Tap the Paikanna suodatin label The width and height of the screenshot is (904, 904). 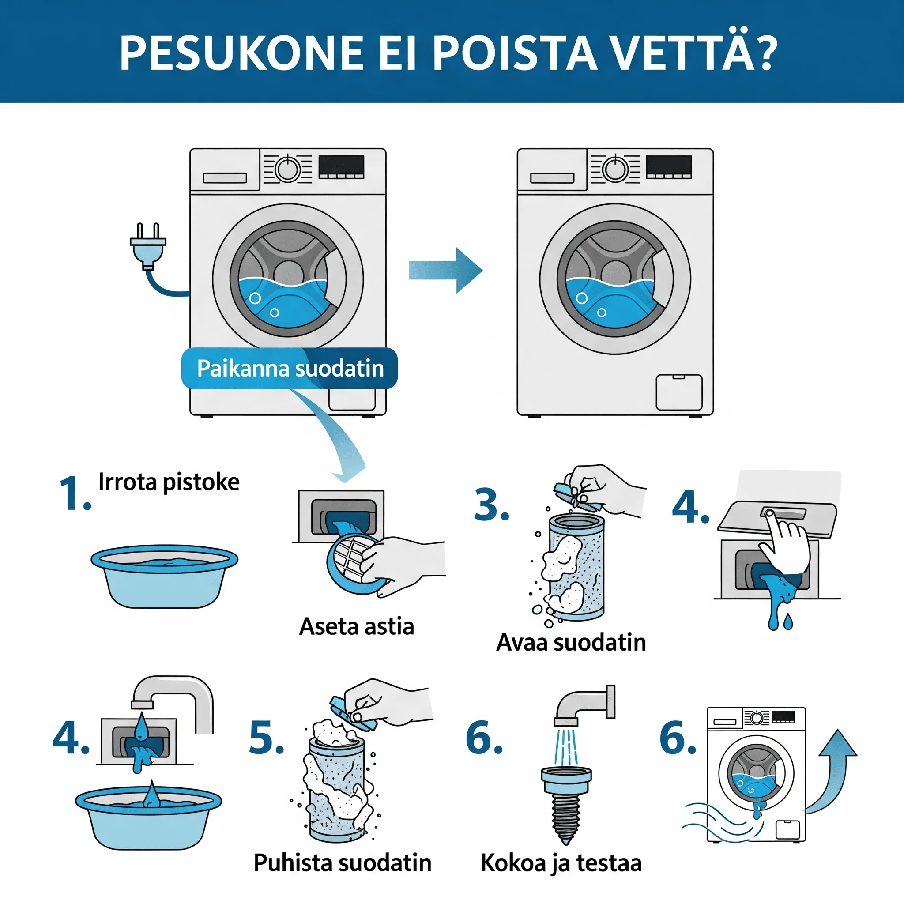pos(290,368)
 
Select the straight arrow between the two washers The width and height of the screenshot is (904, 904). pos(445,271)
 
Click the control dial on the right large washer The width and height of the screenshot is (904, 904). pos(614,169)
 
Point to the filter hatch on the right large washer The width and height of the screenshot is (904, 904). pos(678,392)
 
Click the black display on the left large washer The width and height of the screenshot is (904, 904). pos(341,166)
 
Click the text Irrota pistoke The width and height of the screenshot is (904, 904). pos(169,482)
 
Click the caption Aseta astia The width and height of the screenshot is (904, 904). pos(357,626)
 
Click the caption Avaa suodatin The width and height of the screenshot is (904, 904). pos(571,642)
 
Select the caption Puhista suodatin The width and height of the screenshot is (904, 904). pos(342,863)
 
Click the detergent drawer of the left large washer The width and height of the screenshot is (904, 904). pos(225,178)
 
